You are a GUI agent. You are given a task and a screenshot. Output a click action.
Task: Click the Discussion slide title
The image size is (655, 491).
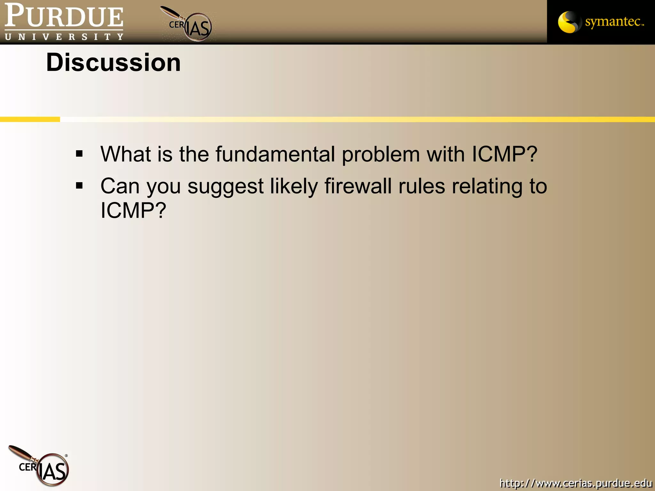113,63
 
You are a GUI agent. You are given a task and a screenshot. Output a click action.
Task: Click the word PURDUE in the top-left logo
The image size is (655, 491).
64,16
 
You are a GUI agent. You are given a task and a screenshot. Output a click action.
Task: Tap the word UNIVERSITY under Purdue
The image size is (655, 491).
64,37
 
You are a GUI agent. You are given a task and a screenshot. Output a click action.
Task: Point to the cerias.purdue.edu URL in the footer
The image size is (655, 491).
576,483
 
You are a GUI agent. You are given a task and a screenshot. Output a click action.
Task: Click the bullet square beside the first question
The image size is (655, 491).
79,154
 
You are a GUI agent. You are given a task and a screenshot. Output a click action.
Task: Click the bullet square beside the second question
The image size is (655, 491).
79,185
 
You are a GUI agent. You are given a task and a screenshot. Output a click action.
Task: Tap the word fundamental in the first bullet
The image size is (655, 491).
275,154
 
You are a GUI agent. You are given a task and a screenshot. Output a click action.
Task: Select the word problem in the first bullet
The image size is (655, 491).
381,155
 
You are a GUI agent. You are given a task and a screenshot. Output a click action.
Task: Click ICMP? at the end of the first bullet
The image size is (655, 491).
504,154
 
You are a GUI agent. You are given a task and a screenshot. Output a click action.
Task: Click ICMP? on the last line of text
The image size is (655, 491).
133,210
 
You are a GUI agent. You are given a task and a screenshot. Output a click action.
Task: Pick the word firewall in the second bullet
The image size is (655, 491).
358,186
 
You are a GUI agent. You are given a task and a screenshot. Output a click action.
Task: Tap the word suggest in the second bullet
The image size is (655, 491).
225,187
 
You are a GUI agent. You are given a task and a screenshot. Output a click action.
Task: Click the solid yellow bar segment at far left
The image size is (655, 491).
30,119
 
